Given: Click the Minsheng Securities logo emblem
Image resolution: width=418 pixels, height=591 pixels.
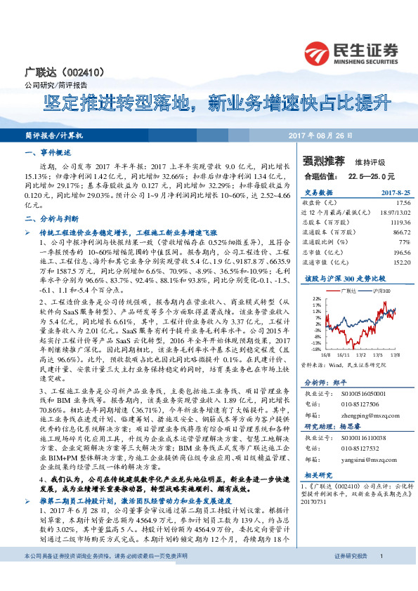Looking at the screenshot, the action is point(318,51).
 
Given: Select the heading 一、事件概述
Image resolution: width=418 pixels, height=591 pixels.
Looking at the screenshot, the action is point(44,152).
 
